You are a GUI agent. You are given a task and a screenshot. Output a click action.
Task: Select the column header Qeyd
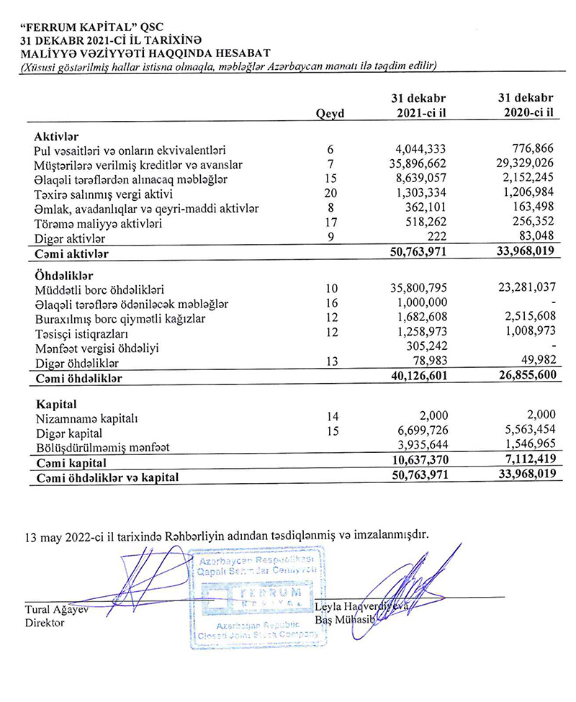coord(330,113)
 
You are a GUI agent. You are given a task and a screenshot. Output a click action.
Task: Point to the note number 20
coord(330,194)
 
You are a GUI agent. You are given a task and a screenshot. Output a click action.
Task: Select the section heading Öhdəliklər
coord(62,274)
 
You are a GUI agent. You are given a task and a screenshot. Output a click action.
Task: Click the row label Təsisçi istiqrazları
coord(82,333)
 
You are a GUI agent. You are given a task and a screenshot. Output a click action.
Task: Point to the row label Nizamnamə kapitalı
coord(84,418)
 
